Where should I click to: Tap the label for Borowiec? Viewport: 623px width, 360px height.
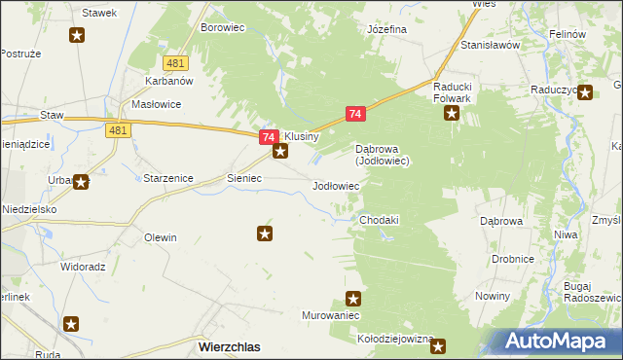coord(222,28)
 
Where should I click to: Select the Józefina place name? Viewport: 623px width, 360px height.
coord(386,29)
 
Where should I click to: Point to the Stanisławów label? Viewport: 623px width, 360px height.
coord(491,45)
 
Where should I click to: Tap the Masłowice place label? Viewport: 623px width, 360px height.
coord(157,104)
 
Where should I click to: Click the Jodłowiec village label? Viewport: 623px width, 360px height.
coord(336,185)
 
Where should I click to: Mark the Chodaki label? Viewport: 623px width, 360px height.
coord(380,221)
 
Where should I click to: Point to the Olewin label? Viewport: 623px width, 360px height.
coord(161,237)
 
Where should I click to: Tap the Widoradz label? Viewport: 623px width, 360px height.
coord(83,266)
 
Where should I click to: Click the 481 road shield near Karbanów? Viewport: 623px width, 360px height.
coord(175,63)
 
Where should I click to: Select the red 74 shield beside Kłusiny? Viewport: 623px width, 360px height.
coord(267,139)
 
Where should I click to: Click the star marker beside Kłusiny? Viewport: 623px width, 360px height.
coord(280,151)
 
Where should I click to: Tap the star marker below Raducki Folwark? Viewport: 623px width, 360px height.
coord(453,114)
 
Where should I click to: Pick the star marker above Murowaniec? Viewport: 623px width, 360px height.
coord(353,299)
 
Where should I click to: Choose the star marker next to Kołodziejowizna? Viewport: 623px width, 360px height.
coord(438,345)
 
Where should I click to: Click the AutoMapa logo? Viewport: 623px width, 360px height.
coord(559,341)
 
